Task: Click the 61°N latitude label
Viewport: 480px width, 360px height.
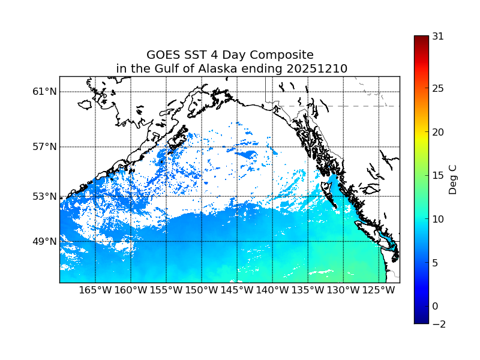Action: (44, 92)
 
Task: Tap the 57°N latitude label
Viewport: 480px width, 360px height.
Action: (44, 147)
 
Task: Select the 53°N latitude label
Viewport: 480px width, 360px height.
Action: (44, 196)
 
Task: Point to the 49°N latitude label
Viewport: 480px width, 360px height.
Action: (44, 242)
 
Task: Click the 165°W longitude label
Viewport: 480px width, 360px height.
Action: (95, 290)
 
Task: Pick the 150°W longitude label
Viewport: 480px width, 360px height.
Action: (202, 290)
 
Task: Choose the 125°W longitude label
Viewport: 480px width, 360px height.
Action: (379, 290)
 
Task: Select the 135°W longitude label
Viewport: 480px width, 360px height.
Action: (308, 290)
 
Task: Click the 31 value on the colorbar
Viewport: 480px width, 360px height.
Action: (438, 36)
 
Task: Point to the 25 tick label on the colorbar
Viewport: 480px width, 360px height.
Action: (438, 89)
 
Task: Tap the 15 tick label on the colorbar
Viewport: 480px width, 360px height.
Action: (438, 176)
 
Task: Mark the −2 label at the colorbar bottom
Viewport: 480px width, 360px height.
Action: (438, 324)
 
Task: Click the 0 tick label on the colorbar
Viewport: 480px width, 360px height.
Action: (435, 307)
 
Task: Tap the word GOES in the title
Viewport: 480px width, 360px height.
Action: (163, 55)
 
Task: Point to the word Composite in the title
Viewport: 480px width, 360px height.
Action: (282, 55)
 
